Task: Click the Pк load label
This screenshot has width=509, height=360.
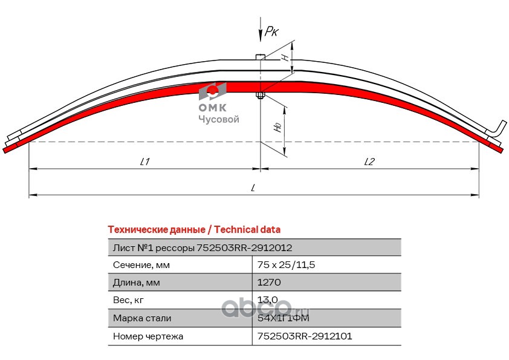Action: click(x=270, y=32)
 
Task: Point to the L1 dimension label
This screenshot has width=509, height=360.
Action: click(x=144, y=162)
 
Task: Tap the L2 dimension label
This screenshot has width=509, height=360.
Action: click(x=370, y=162)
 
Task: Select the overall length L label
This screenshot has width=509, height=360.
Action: click(x=254, y=188)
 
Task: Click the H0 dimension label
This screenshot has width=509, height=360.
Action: click(x=277, y=126)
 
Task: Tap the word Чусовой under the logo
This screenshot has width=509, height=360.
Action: click(x=219, y=119)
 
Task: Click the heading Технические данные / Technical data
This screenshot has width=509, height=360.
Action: click(x=193, y=229)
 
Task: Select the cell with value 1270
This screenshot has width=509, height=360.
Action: click(x=268, y=282)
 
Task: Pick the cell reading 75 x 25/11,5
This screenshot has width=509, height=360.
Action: click(x=287, y=264)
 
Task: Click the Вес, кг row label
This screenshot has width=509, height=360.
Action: click(x=129, y=299)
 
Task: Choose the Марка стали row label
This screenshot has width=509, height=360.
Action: click(x=142, y=318)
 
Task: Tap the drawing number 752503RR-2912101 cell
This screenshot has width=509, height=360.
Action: click(x=305, y=335)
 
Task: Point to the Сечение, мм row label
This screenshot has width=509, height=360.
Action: click(x=141, y=264)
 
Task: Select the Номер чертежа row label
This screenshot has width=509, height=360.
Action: click(x=148, y=335)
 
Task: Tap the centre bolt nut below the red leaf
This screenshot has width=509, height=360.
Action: click(x=260, y=95)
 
